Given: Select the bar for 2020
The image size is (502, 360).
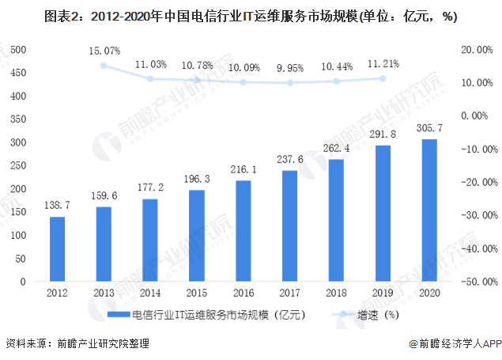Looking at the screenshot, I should [429, 210].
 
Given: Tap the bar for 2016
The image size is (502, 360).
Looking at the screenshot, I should [243, 230].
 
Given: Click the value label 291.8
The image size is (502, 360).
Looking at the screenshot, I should [383, 134].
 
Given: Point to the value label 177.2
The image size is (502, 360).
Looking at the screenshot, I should [150, 187].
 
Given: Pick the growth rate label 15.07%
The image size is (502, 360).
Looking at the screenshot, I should [104, 51].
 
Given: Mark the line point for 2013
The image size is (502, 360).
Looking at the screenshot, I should [104, 65].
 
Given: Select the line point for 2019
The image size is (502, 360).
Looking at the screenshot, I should [383, 78].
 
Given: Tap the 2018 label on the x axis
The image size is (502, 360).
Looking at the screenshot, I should [337, 293].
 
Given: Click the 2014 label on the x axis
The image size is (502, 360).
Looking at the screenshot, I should [150, 293].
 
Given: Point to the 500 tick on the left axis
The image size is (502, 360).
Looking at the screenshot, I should [20, 49].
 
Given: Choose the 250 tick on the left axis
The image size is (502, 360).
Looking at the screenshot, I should [20, 165].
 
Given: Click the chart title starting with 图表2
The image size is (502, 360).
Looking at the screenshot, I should [251, 16].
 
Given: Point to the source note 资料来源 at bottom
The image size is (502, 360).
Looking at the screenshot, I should [77, 344].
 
